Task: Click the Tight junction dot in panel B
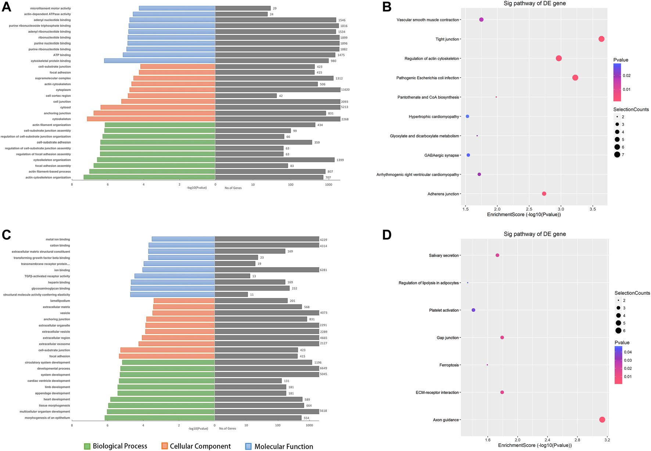pyautogui.click(x=601, y=39)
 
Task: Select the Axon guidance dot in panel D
pyautogui.click(x=602, y=419)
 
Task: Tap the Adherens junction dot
pyautogui.click(x=544, y=194)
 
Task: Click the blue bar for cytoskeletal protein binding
pyautogui.click(x=159, y=61)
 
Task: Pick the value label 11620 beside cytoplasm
pyautogui.click(x=345, y=90)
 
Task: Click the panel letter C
pyautogui.click(x=6, y=235)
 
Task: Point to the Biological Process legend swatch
pyautogui.click(x=87, y=446)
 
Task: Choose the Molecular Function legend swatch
pyautogui.click(x=249, y=446)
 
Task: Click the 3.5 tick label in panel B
pyautogui.click(x=593, y=209)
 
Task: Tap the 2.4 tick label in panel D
pyautogui.click(x=547, y=440)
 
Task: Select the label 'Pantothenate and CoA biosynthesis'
pyautogui.click(x=428, y=97)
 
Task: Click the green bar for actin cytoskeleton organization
pyautogui.click(x=149, y=177)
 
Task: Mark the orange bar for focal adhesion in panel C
pyautogui.click(x=167, y=356)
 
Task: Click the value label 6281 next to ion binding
pyautogui.click(x=323, y=270)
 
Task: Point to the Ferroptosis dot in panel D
pyautogui.click(x=487, y=365)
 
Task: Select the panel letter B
pyautogui.click(x=386, y=7)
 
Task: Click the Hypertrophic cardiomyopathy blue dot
pyautogui.click(x=467, y=116)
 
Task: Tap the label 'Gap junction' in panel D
pyautogui.click(x=447, y=337)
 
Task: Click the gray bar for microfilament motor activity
pyautogui.click(x=242, y=8)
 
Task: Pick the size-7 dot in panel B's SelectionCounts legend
pyautogui.click(x=617, y=154)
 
